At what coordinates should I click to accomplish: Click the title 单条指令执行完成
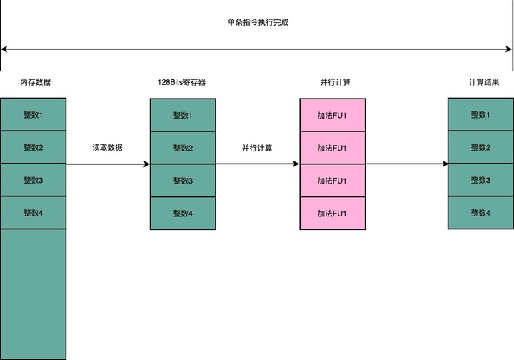[x=257, y=22]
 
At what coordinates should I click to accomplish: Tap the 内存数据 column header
[x=34, y=83]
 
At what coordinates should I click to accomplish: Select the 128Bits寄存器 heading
[x=183, y=83]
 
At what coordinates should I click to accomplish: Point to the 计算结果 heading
[x=480, y=83]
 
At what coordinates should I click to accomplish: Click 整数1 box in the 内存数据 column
[x=34, y=115]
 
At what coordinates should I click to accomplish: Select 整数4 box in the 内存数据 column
[x=34, y=213]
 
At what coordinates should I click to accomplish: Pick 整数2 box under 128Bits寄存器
[x=183, y=148]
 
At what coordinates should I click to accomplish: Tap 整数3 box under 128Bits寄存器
[x=183, y=180]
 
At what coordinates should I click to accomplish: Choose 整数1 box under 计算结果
[x=480, y=115]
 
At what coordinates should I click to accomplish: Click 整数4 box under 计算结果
[x=480, y=213]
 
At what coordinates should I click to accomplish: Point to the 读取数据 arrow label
[x=107, y=148]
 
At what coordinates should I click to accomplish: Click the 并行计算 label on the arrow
[x=257, y=148]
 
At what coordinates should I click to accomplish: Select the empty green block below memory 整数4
[x=34, y=293]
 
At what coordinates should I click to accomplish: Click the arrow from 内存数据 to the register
[x=107, y=164]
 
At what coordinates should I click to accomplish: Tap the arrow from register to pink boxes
[x=257, y=164]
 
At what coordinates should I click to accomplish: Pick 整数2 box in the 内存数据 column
[x=34, y=148]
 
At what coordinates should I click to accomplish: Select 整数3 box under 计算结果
[x=480, y=180]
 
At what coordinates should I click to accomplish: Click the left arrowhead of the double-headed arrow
[x=4, y=49]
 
